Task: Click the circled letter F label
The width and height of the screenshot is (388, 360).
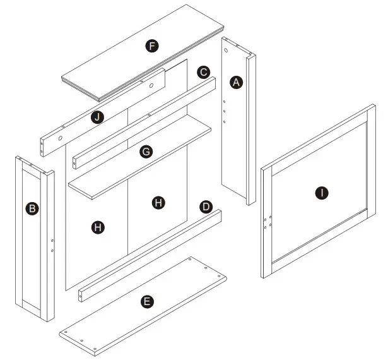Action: coord(151,45)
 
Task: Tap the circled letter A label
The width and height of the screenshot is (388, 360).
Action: coord(237,82)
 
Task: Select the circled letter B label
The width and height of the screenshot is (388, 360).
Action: coord(30,208)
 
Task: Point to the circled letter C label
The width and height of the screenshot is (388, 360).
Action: coord(203,72)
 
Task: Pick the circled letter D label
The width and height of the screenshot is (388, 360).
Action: coord(206,207)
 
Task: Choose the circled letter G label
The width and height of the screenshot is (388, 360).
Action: coord(146,152)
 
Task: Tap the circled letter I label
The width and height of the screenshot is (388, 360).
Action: coord(322,193)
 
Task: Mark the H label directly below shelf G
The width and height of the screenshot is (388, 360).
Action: coord(158,202)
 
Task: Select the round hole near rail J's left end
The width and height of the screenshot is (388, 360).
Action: coord(60,137)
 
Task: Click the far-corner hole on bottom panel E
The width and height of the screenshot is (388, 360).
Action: coord(191,259)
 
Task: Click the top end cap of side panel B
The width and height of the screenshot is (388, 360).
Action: coord(33,162)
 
